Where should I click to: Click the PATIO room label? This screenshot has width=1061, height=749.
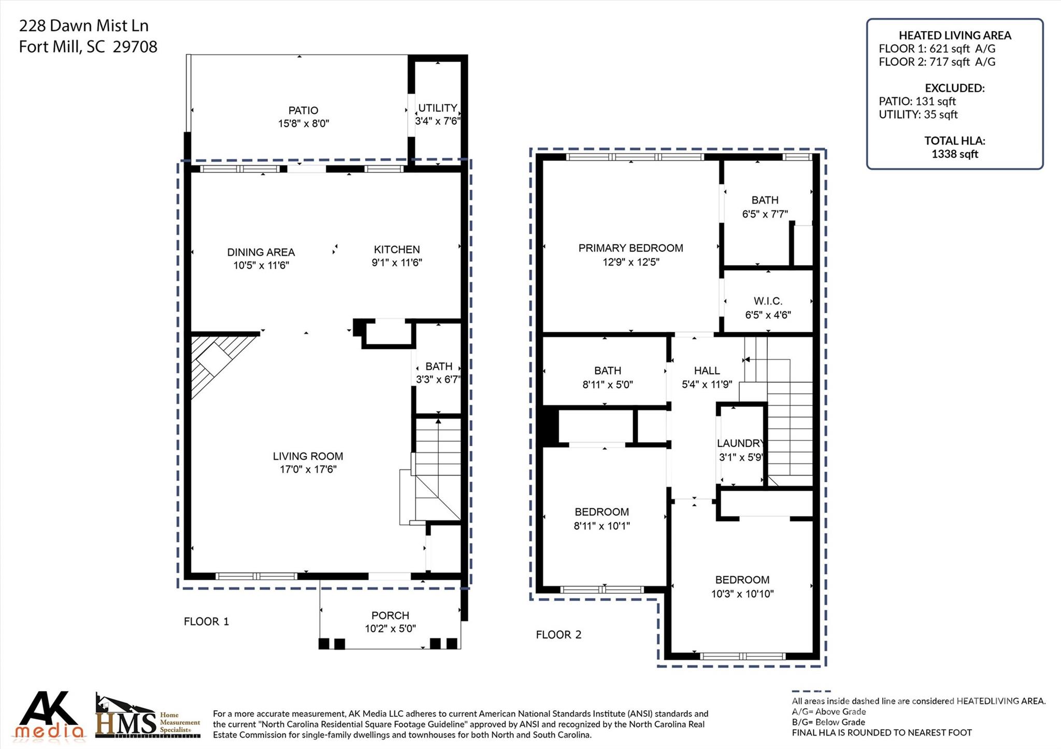pyautogui.click(x=303, y=110)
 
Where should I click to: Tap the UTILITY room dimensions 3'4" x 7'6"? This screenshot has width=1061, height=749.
pyautogui.click(x=437, y=121)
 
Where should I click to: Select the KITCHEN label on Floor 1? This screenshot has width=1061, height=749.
pyautogui.click(x=397, y=249)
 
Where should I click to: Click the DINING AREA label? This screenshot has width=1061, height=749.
pyautogui.click(x=261, y=252)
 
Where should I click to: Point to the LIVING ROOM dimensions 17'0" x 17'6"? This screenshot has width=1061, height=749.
pyautogui.click(x=308, y=469)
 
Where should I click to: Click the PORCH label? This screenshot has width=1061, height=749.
pyautogui.click(x=390, y=615)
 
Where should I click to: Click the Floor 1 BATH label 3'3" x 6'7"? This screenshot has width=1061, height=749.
pyautogui.click(x=439, y=366)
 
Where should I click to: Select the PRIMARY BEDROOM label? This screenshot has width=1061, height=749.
pyautogui.click(x=630, y=248)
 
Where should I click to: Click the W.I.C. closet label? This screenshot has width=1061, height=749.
pyautogui.click(x=768, y=301)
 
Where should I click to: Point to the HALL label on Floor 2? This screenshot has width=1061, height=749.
pyautogui.click(x=707, y=371)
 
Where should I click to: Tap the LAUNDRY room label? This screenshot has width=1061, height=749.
pyautogui.click(x=740, y=443)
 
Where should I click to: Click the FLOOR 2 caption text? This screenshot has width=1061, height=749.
pyautogui.click(x=558, y=635)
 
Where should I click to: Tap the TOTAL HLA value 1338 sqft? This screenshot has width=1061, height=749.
pyautogui.click(x=954, y=154)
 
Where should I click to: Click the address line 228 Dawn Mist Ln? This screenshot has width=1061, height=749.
pyautogui.click(x=84, y=26)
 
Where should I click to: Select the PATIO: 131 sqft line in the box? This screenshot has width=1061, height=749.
pyautogui.click(x=917, y=101)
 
